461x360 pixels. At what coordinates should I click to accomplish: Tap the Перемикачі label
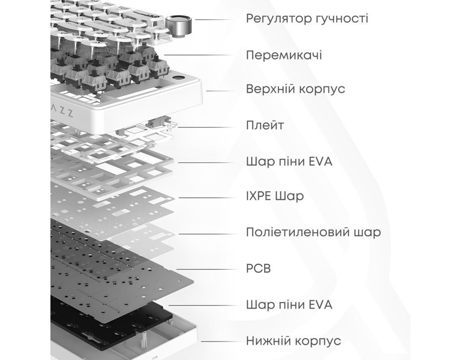284,55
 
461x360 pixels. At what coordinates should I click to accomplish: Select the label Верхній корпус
295,89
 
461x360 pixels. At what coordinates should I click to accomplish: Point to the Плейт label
265,126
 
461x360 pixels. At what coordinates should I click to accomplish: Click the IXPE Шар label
275,196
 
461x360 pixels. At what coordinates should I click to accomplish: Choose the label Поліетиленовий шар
313,232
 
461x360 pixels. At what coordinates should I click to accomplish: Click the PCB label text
258,268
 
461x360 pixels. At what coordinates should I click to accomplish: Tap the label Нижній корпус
294,341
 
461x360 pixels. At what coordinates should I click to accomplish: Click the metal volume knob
178,26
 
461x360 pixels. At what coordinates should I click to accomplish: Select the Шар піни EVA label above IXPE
289,162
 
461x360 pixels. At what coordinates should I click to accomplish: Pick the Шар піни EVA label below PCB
289,305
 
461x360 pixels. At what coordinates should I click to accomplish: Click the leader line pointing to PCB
208,269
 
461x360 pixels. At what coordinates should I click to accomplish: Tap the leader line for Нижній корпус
220,342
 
